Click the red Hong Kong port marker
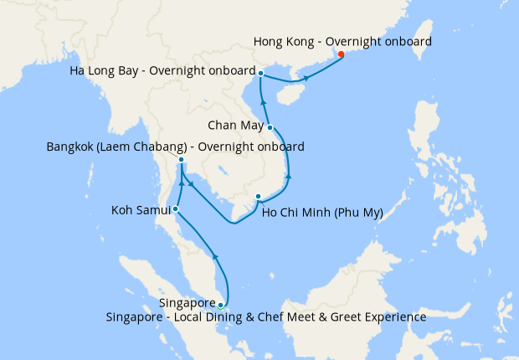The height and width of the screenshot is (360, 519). coord(341,55)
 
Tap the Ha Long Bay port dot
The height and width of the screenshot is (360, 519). coord(261,74)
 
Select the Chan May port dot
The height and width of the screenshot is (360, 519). coord(270,127)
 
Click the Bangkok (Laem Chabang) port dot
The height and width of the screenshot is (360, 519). coord(181,159)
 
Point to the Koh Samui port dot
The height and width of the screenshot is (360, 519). coord(175,208)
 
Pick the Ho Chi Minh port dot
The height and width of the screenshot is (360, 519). coord(258,197)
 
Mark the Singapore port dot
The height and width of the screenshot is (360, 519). coord(220,306)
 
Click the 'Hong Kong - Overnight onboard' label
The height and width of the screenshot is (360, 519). coord(342,40)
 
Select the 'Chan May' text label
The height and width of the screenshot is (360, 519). coord(235,126)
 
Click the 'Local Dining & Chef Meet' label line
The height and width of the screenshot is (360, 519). coord(266,317)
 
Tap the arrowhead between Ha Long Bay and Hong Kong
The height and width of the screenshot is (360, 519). coord(306,79)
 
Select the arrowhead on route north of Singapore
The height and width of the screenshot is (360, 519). coord(216,258)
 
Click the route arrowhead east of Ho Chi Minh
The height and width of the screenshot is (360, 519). coord(289,176)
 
